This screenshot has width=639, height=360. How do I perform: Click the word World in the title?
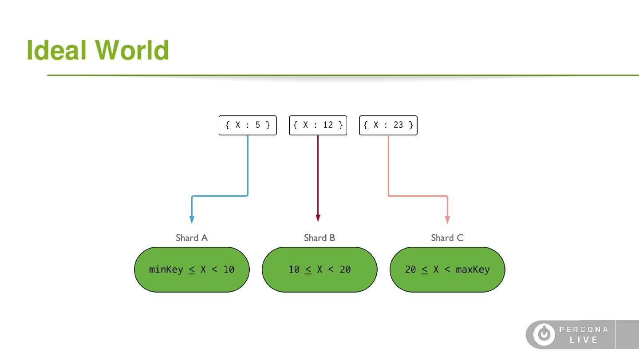(132, 50)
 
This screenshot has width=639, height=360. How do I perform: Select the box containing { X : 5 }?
(248, 125)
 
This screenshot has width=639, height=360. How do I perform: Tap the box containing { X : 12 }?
(318, 125)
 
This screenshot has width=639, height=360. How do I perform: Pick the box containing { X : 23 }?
(388, 125)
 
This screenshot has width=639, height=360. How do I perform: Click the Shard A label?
(192, 238)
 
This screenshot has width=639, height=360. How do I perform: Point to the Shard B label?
(319, 238)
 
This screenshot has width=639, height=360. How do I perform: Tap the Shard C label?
(447, 238)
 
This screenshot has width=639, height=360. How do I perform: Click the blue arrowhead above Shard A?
(192, 219)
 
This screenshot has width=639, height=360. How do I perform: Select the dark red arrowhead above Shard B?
(318, 218)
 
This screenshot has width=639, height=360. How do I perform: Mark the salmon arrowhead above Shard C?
(447, 219)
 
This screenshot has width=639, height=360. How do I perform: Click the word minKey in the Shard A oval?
(166, 269)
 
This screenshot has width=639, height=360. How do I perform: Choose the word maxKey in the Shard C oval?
(473, 269)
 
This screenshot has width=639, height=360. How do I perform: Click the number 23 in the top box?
(398, 125)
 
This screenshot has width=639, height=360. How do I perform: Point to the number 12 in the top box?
(328, 125)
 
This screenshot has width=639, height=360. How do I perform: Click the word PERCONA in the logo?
(584, 329)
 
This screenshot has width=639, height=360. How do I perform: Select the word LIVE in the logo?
(584, 340)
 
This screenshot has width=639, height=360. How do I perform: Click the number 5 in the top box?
(258, 125)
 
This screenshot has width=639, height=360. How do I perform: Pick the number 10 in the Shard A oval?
(229, 269)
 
